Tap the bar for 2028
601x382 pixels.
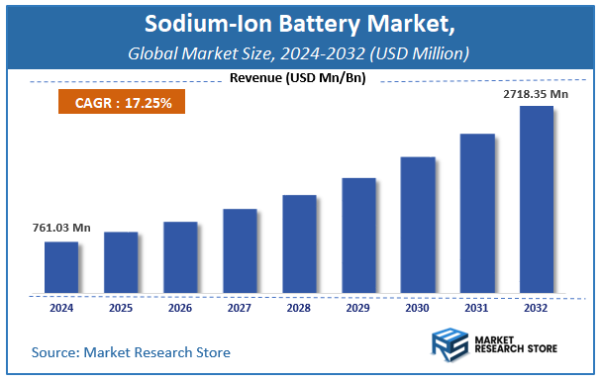[x=299, y=244]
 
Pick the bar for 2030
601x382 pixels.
[x=418, y=225]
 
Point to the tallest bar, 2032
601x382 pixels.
[x=537, y=200]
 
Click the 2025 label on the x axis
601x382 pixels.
[x=121, y=307]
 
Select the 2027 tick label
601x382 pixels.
[x=240, y=307]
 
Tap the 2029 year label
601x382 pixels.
[x=358, y=307]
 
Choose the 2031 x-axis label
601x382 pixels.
[x=477, y=307]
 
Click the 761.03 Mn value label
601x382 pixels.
[x=54, y=229]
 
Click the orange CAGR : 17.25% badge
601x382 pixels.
[x=115, y=101]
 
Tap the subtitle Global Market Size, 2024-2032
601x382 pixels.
[x=300, y=51]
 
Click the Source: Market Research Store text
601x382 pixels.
[x=131, y=352]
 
